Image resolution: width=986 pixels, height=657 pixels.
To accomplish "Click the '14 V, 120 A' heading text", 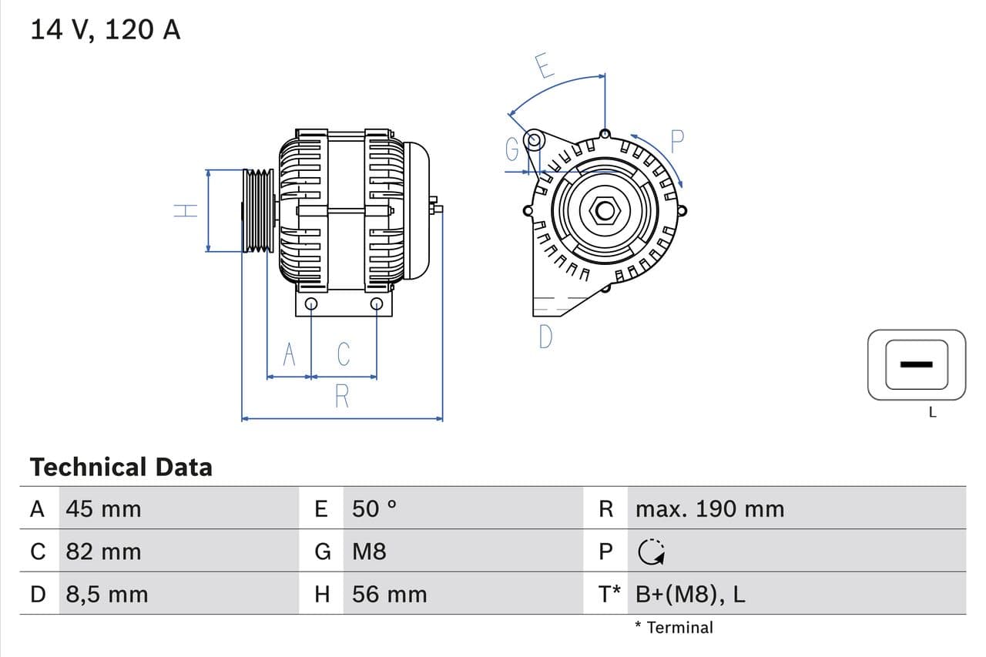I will (106, 29).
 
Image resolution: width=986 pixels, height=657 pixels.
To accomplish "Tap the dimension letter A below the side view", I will (289, 354).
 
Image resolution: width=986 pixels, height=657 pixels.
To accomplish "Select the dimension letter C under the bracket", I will (344, 354).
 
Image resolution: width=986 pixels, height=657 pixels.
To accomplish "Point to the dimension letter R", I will (342, 397).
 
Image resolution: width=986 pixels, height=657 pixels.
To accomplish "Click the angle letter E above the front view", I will (544, 67).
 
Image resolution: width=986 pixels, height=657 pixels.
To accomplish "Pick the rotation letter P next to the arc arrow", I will (676, 141).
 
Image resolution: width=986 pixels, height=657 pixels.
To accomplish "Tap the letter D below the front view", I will (545, 337).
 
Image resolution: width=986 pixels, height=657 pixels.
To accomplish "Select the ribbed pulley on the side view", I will (258, 210).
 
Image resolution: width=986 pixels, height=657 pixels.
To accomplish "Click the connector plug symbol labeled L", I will (916, 364).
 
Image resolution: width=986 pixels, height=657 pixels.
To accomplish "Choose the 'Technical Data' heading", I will (121, 468).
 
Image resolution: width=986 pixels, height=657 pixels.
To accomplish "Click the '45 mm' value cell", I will (103, 509).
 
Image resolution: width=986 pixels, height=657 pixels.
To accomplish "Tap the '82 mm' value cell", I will (103, 551).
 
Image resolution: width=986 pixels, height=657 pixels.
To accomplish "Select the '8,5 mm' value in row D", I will (106, 595).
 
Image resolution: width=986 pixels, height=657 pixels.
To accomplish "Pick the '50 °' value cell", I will (374, 509).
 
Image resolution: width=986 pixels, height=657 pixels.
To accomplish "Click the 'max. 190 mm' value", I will (709, 509).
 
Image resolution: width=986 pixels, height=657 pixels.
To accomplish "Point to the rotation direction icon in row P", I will (652, 551).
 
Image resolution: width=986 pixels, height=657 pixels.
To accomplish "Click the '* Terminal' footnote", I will (674, 627).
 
